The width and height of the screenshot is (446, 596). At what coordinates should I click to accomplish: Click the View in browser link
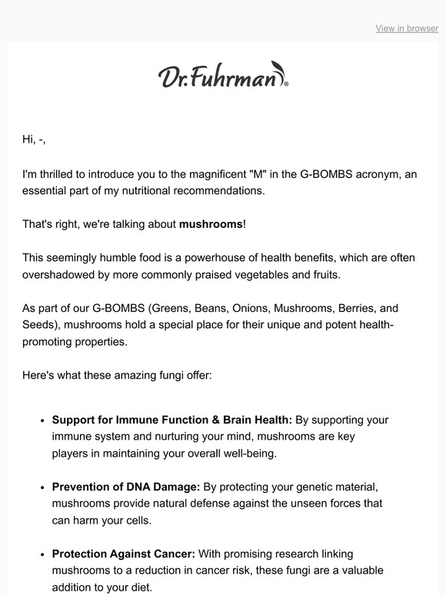point(407,28)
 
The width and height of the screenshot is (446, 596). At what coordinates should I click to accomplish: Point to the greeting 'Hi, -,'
point(39,139)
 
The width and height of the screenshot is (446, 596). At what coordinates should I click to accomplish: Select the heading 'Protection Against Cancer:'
point(124,554)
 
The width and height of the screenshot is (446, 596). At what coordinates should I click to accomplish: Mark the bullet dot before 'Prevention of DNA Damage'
point(42,487)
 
